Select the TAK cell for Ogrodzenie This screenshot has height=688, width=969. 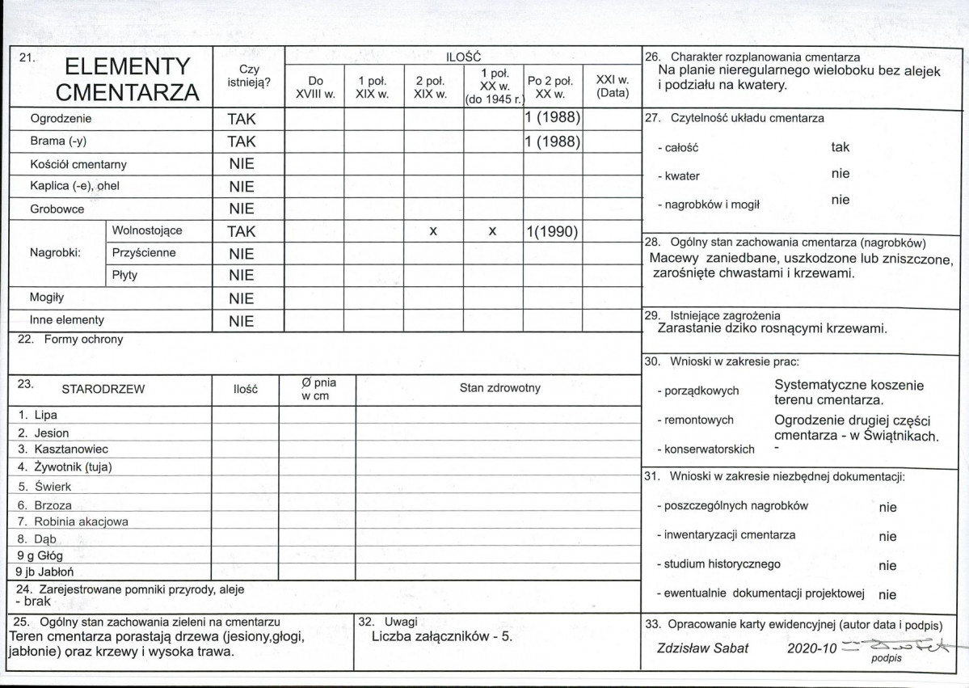tap(241, 120)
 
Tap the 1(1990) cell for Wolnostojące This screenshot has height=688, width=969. tap(550, 231)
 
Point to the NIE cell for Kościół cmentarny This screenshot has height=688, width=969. tap(241, 164)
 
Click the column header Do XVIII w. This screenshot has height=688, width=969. tap(314, 87)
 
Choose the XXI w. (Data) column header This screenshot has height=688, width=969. tap(612, 87)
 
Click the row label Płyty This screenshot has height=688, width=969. tap(124, 275)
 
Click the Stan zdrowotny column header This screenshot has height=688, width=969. tap(499, 388)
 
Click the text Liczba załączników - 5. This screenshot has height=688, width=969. tap(442, 636)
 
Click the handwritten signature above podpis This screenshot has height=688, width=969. tap(889, 646)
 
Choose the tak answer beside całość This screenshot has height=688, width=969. tap(840, 148)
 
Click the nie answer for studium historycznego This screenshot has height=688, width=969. tap(887, 565)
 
